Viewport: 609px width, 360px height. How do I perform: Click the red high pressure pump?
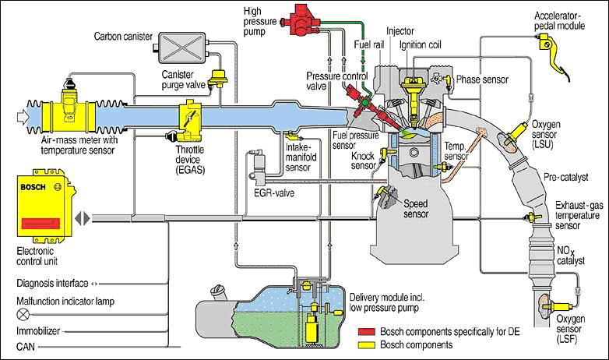pos(302,20)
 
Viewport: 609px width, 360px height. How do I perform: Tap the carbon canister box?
pos(181,48)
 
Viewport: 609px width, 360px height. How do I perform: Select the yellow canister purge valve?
pos(219,79)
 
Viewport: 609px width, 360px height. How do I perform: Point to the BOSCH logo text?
pos(33,187)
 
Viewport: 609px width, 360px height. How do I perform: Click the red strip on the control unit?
pos(40,223)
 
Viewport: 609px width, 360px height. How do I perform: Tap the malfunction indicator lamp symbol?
pos(23,314)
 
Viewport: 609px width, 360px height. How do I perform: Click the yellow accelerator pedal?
pos(554,54)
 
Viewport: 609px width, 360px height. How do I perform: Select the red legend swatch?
pos(367,332)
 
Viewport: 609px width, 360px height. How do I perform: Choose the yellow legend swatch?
pos(367,344)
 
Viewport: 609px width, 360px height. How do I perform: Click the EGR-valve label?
pos(274,192)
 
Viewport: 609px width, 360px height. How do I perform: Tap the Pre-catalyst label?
pos(566,178)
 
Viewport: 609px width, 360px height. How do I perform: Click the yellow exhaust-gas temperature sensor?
pos(532,217)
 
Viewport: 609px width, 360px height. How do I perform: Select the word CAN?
pos(26,346)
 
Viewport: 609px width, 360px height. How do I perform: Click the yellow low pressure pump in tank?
pos(312,329)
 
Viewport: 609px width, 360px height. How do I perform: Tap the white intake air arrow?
pos(23,117)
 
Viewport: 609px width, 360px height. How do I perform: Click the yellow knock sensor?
pos(385,154)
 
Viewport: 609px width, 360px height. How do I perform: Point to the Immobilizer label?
pos(38,331)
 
